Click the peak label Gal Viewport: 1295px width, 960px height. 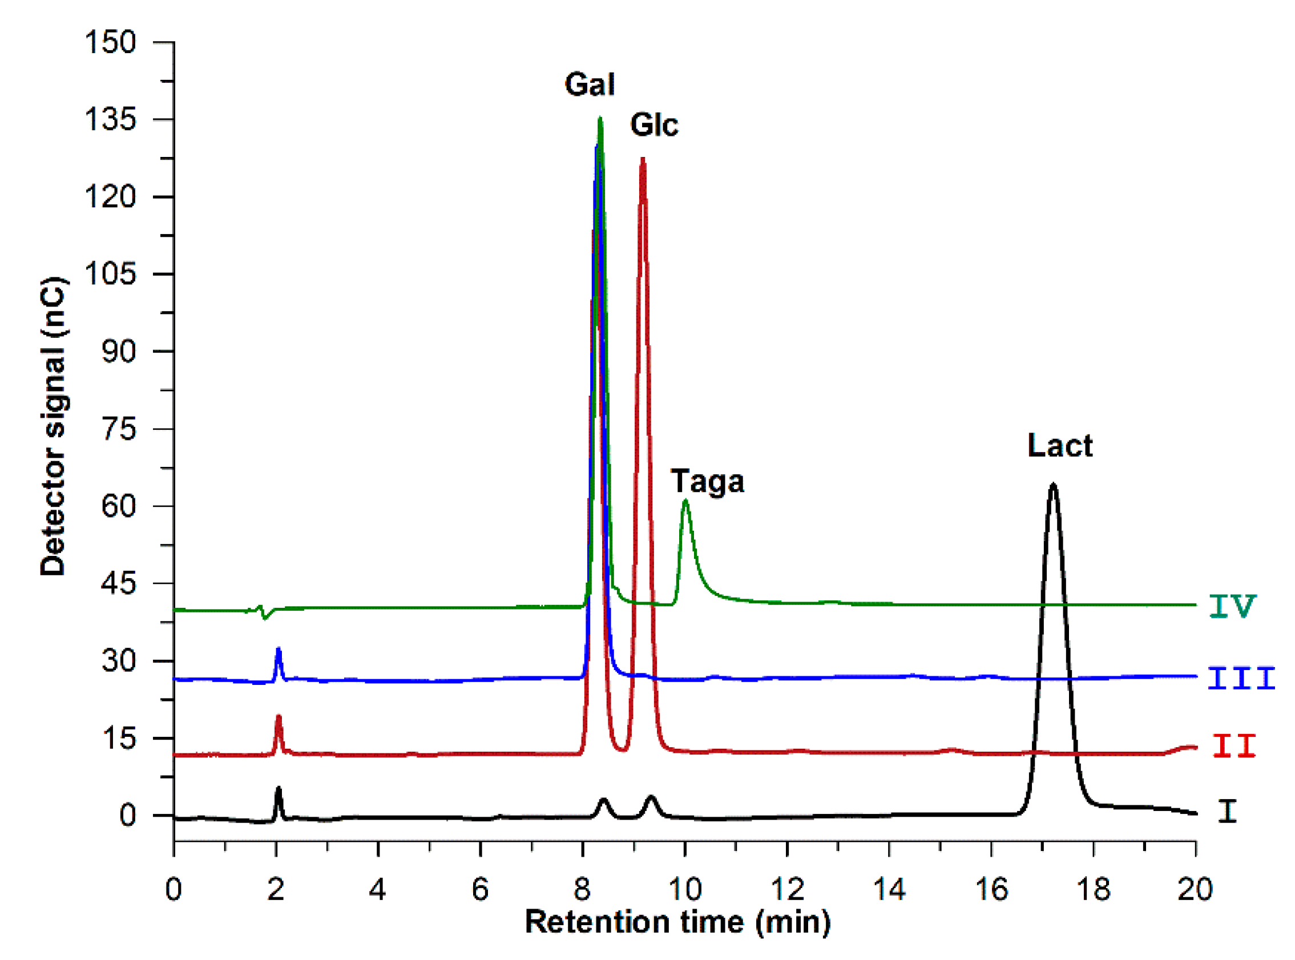(x=589, y=85)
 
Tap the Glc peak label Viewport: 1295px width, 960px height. (x=654, y=125)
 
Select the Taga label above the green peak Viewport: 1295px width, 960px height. (x=707, y=482)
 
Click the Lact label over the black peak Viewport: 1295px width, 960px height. (x=1059, y=446)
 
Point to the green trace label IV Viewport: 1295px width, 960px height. (x=1232, y=606)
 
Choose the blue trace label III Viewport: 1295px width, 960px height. (x=1241, y=679)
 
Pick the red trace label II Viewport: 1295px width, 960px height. (x=1234, y=746)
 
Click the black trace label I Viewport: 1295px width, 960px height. (x=1227, y=810)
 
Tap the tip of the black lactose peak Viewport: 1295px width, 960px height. (x=1053, y=485)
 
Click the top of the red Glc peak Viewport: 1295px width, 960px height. (x=643, y=159)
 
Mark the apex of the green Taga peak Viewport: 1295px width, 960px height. (x=685, y=501)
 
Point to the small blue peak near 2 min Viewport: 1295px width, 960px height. (x=279, y=650)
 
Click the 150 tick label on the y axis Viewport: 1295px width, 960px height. (x=110, y=42)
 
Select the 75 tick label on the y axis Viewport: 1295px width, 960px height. (x=119, y=429)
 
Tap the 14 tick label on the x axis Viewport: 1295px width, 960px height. (x=889, y=890)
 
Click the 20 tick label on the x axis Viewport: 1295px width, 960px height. (x=1195, y=890)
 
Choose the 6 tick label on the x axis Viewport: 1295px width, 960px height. (x=480, y=890)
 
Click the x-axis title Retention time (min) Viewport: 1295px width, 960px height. (x=677, y=922)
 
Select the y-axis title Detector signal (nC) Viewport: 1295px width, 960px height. (x=54, y=427)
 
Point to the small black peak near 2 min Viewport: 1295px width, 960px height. (x=279, y=791)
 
